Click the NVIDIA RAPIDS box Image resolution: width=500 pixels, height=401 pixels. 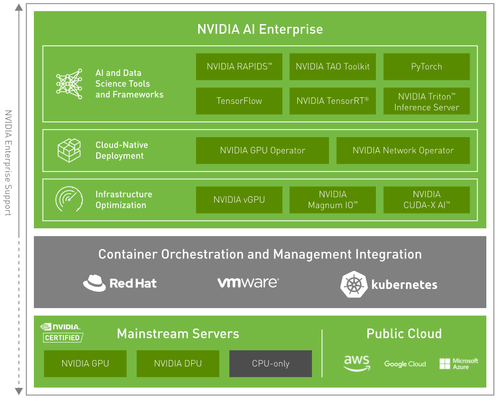coord(239,67)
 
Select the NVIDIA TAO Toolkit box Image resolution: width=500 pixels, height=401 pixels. coord(333,67)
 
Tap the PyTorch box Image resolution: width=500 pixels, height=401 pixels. coord(427,67)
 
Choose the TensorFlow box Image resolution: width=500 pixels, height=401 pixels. coord(239,101)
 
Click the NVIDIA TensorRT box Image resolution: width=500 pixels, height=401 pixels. coord(333,101)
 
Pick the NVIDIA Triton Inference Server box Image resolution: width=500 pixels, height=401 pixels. coord(427,101)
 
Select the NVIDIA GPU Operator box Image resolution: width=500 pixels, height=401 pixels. coord(262,150)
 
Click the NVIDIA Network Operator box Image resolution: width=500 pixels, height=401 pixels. coord(403,150)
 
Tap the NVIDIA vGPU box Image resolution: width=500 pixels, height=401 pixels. coord(239,200)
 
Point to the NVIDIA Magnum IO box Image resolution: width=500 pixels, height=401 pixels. coord(333,200)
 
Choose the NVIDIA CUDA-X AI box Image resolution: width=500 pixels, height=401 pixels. coord(427,200)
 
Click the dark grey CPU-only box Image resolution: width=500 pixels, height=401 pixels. coord(270,364)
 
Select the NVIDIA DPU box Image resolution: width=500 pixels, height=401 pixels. coord(178,364)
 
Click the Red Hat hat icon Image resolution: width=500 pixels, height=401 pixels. coord(95,283)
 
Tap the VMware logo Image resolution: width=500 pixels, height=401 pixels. coord(248,282)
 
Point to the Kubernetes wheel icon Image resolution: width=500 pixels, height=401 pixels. coord(354,285)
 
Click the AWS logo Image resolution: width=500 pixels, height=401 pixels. coord(357,363)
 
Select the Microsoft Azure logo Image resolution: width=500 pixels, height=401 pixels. coord(458,364)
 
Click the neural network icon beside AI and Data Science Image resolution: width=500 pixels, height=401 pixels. coord(69,84)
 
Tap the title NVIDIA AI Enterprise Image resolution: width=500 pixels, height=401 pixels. coord(260,30)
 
